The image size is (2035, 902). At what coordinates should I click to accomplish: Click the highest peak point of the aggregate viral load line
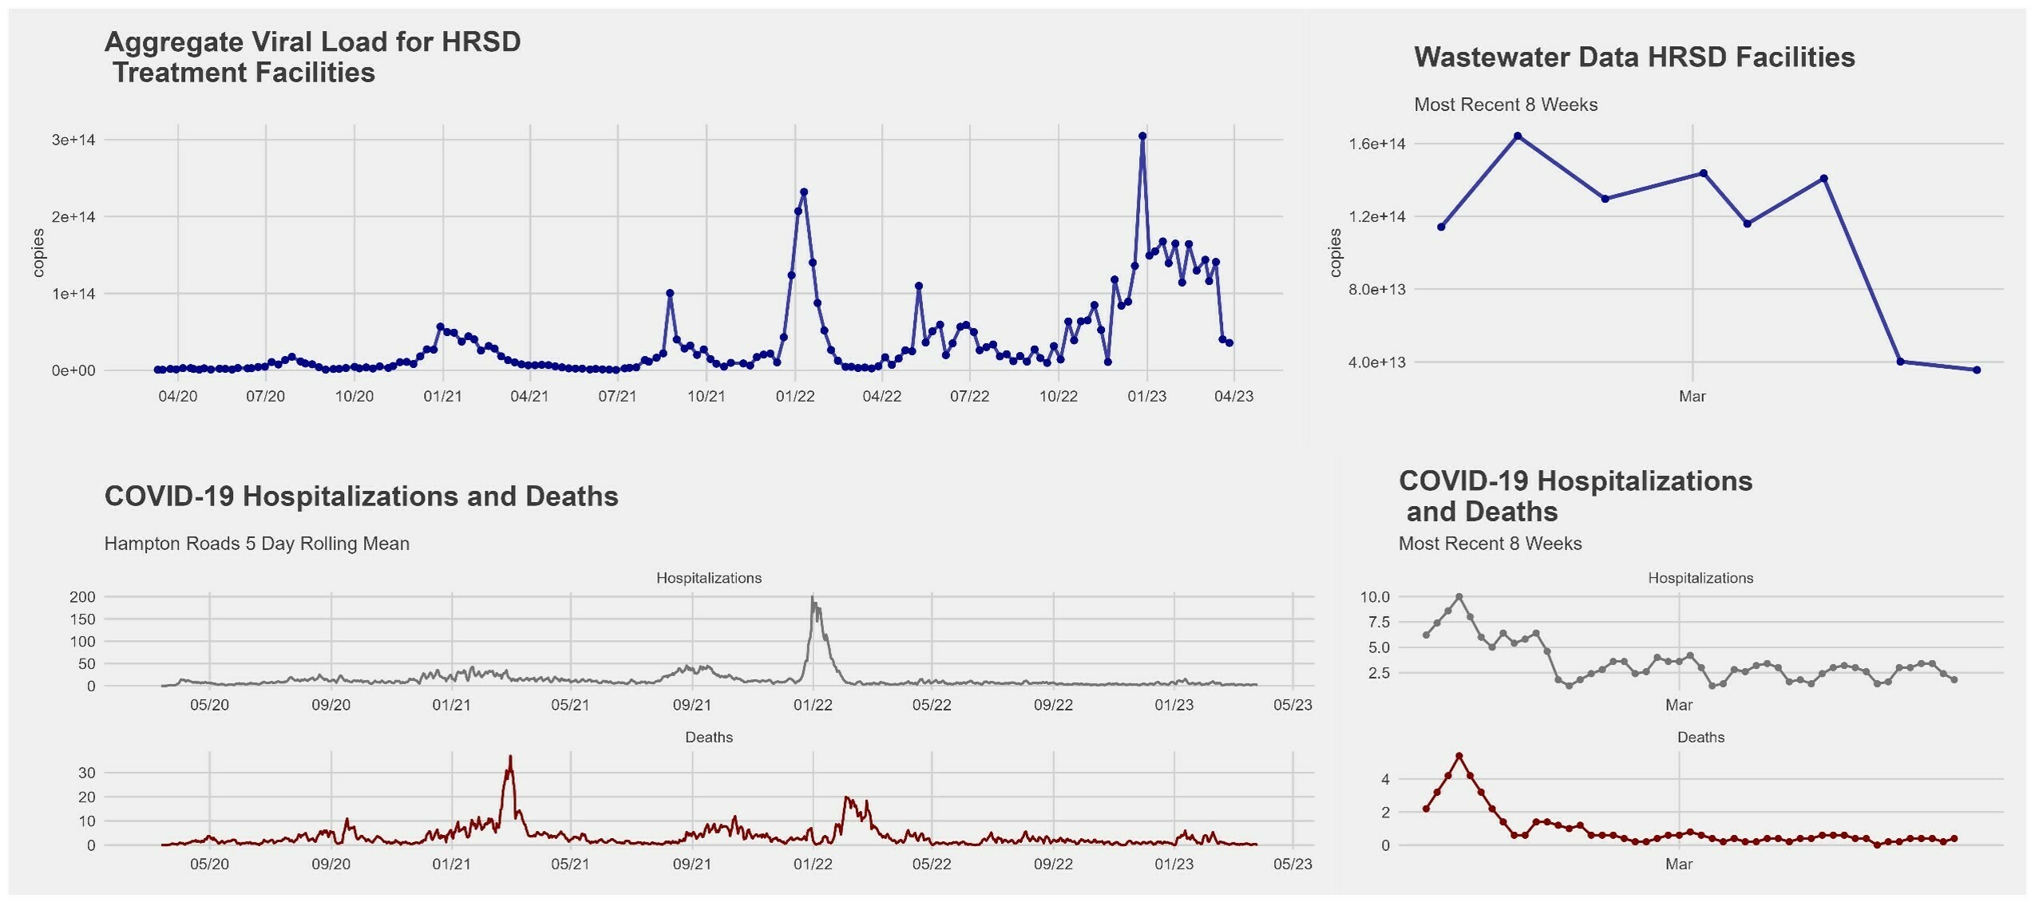click(x=1142, y=136)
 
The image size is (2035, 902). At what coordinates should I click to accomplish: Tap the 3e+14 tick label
click(x=73, y=140)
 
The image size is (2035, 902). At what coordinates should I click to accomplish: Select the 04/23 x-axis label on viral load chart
click(x=1233, y=397)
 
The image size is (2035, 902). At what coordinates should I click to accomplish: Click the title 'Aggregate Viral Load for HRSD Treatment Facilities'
click(x=312, y=57)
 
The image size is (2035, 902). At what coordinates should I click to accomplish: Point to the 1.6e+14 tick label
click(x=1377, y=144)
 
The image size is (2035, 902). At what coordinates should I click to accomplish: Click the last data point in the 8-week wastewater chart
click(x=1977, y=370)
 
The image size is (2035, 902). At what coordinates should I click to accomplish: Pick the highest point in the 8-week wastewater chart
click(x=1518, y=136)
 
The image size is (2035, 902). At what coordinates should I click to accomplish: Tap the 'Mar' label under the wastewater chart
click(x=1692, y=397)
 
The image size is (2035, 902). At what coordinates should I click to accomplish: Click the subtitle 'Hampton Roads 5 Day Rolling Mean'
click(x=256, y=544)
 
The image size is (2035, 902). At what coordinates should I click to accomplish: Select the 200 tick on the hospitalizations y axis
click(x=82, y=597)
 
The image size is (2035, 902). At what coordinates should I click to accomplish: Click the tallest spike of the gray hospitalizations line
click(x=813, y=599)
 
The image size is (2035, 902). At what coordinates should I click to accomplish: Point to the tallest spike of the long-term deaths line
click(x=510, y=758)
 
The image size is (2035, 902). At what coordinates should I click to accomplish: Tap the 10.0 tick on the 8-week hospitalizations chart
click(x=1375, y=597)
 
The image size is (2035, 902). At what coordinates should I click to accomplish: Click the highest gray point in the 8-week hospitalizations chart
click(x=1459, y=597)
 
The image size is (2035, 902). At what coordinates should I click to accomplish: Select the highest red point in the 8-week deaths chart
click(x=1459, y=756)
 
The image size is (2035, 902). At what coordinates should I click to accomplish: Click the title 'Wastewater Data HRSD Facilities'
click(x=1634, y=57)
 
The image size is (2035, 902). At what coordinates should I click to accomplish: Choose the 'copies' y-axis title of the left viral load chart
click(x=38, y=253)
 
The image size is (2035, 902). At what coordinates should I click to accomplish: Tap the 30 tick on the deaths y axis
click(x=87, y=773)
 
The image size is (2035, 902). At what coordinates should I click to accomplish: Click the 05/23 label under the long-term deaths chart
click(x=1293, y=864)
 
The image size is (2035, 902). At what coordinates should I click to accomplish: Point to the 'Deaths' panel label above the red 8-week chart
click(x=1700, y=738)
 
